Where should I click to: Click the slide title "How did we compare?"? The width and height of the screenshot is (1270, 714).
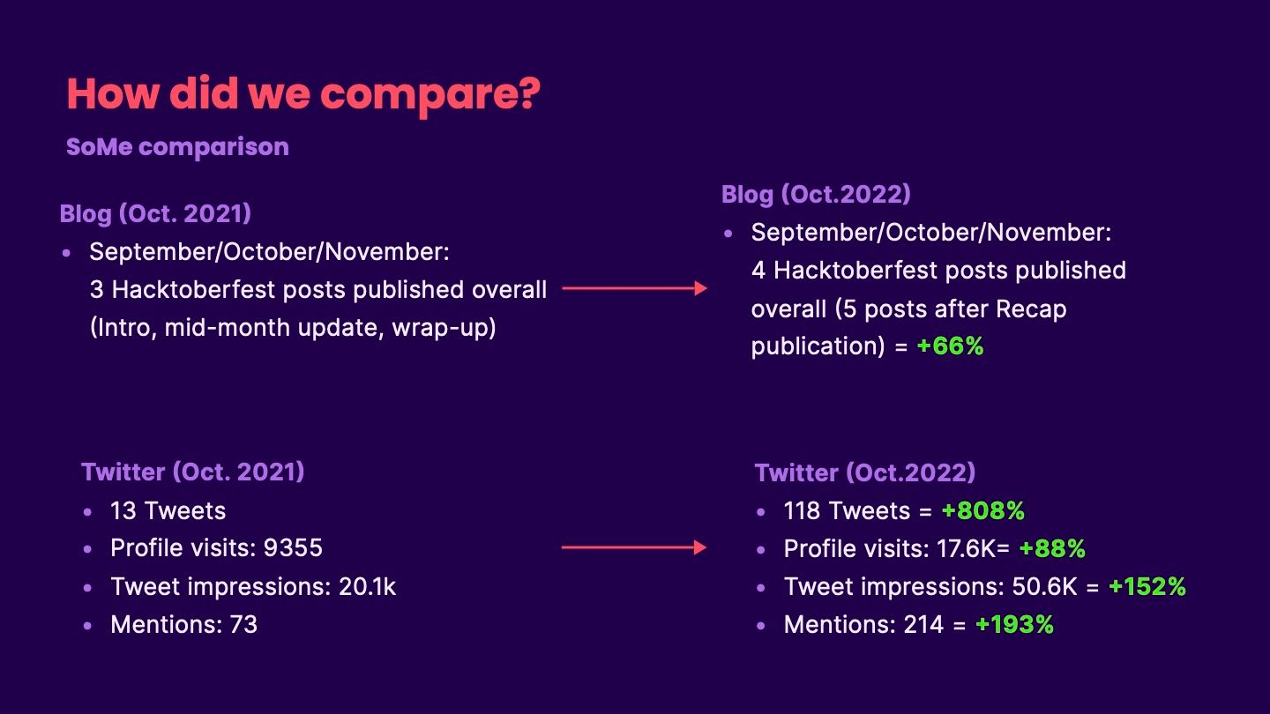point(303,94)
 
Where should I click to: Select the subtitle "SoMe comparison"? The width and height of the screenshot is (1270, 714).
point(177,146)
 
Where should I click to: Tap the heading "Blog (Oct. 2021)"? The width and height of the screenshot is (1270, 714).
point(155,214)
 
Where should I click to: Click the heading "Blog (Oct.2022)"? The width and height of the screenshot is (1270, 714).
point(816,194)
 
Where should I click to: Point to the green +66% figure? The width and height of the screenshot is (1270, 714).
point(950,346)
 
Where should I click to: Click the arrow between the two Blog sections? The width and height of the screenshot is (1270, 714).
point(634,288)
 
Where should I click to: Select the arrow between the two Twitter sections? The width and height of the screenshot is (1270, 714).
point(634,547)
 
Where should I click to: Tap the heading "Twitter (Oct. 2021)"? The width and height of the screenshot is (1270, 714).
point(193,472)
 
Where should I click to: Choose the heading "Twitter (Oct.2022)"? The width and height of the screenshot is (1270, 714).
point(864,473)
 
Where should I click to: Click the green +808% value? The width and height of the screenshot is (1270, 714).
point(983,511)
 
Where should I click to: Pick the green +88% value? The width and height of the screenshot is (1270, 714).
point(1052,548)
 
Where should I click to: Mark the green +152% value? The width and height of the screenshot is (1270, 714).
point(1147,586)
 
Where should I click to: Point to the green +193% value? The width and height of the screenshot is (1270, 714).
point(1014,624)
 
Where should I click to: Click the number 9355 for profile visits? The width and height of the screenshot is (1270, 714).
point(293,548)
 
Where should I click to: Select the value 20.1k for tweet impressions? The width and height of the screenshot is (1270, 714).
point(368,586)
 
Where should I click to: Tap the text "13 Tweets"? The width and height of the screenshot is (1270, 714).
point(168,511)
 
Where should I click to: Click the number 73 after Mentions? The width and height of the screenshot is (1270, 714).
point(243,624)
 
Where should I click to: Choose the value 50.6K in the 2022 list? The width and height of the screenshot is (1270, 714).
point(1044,586)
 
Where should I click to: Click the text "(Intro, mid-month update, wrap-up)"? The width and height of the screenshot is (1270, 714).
point(293,328)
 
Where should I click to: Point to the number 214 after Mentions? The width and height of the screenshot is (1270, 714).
point(923,624)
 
